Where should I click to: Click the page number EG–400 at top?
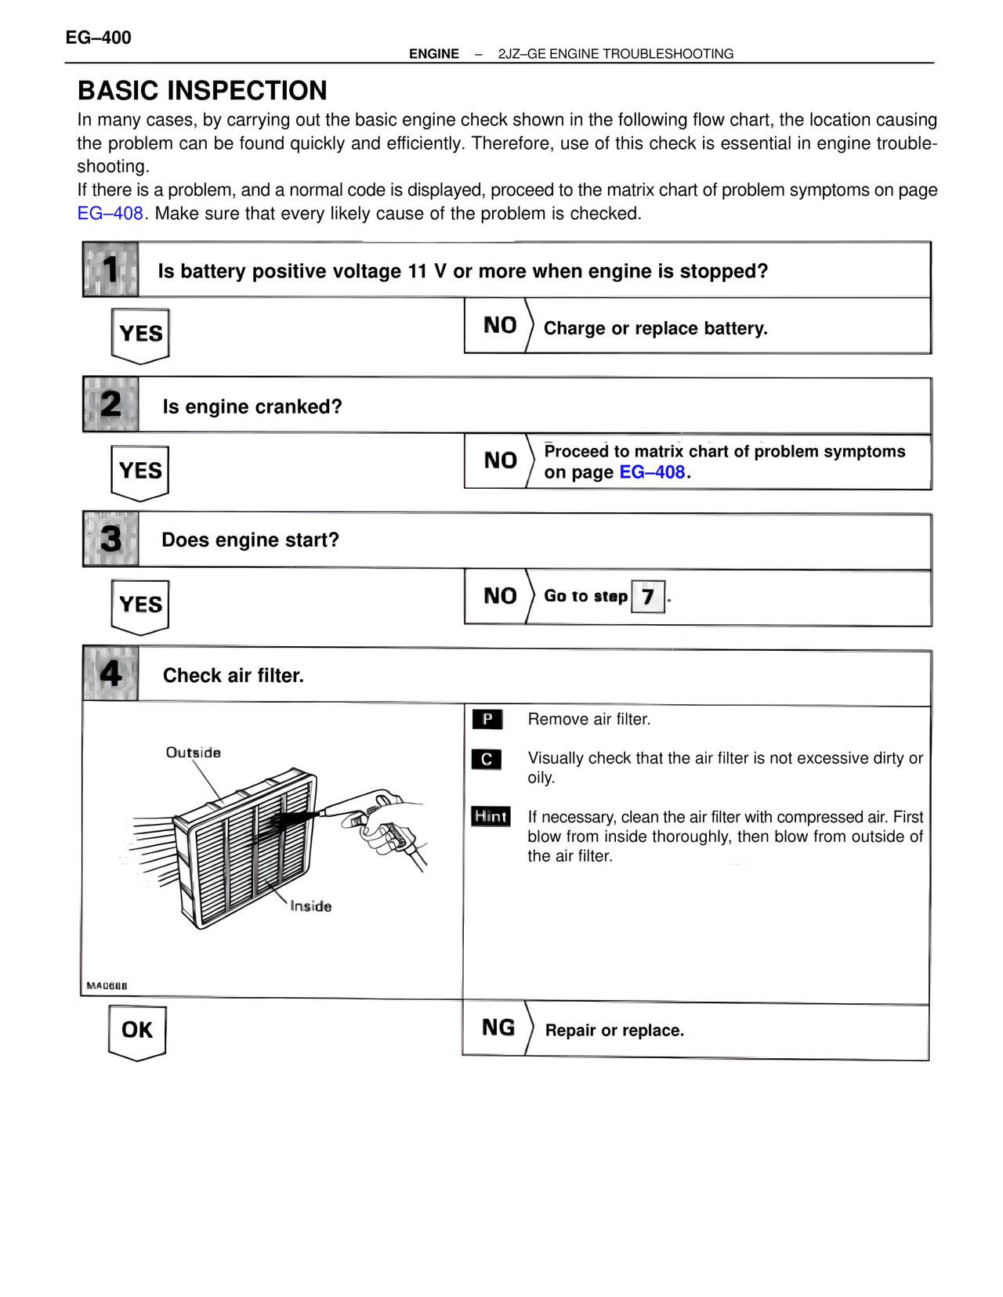coord(98,38)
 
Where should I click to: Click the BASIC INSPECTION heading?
coord(202,91)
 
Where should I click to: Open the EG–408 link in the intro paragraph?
coord(110,213)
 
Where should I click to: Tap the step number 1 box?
coord(111,269)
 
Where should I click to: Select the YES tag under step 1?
coord(141,334)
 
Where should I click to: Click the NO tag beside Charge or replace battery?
coord(499,326)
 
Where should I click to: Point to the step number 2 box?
coord(111,405)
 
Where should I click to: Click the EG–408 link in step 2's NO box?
coord(652,472)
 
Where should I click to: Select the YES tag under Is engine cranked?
coord(141,471)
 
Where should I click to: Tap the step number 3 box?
coord(111,540)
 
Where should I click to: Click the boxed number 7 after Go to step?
coord(648,597)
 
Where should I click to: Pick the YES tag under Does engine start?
coord(141,605)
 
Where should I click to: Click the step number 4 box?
coord(111,674)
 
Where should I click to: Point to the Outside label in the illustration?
coord(194,753)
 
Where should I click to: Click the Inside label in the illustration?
coord(311,906)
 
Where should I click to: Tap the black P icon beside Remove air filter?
coord(487,719)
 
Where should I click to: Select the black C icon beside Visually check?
coord(487,759)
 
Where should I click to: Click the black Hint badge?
coord(491,816)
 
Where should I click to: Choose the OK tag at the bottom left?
coord(137,1030)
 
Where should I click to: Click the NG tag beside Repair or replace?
coord(498,1028)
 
